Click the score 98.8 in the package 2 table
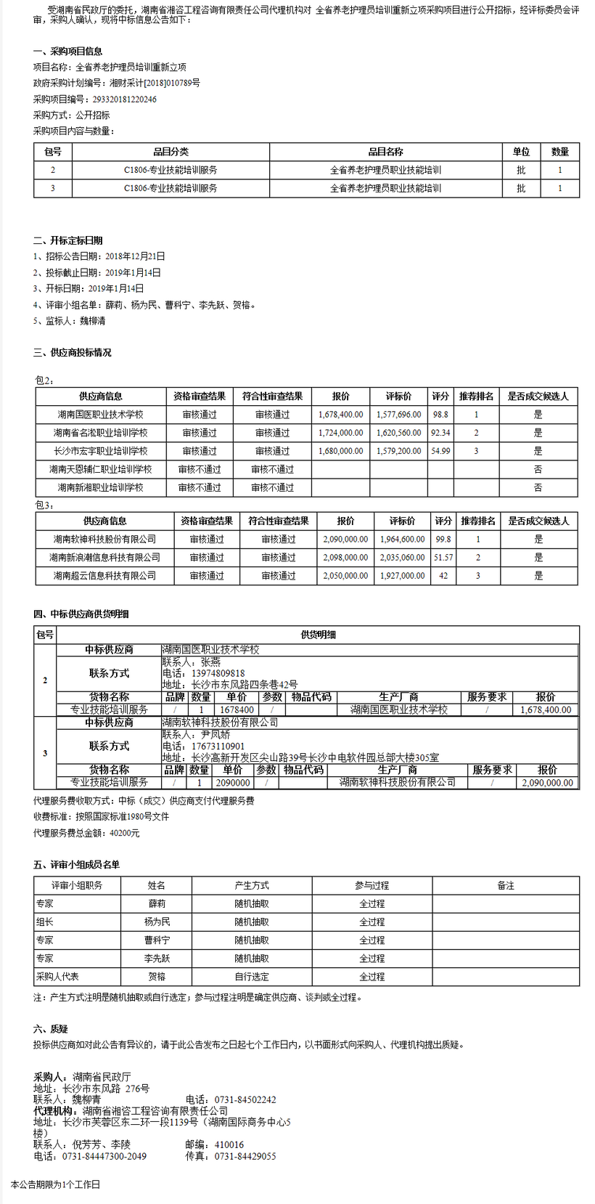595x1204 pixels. tap(440, 415)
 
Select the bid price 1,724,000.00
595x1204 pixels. tap(340, 433)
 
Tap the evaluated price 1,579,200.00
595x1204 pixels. tap(398, 451)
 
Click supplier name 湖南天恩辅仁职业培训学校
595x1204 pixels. tap(100, 469)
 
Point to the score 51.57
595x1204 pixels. tap(443, 558)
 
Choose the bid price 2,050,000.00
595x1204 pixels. tap(345, 576)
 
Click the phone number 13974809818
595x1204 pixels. tap(218, 673)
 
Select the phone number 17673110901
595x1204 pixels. tap(218, 746)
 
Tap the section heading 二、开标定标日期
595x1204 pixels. tap(67, 240)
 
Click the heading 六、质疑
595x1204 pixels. tap(50, 1029)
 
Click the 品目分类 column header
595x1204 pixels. tap(171, 152)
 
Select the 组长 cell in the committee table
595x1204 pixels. tap(44, 922)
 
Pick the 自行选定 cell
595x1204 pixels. tap(252, 977)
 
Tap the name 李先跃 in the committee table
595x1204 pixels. tap(156, 959)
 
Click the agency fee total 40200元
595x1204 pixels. tap(124, 833)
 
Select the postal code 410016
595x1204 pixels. tap(229, 1144)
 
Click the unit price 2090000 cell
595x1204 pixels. tap(232, 783)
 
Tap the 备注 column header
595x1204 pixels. tap(505, 885)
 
